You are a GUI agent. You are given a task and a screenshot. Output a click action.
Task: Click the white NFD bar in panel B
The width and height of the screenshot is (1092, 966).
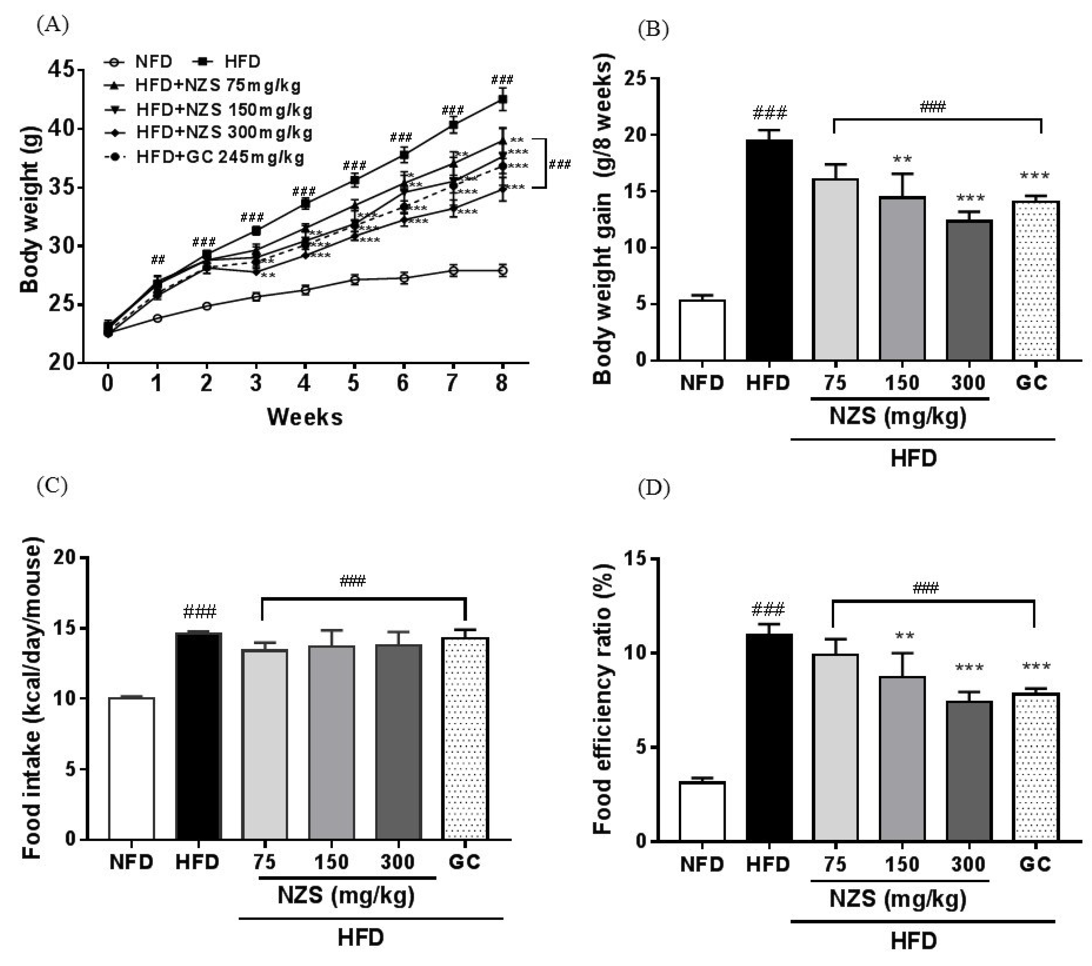(x=702, y=330)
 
